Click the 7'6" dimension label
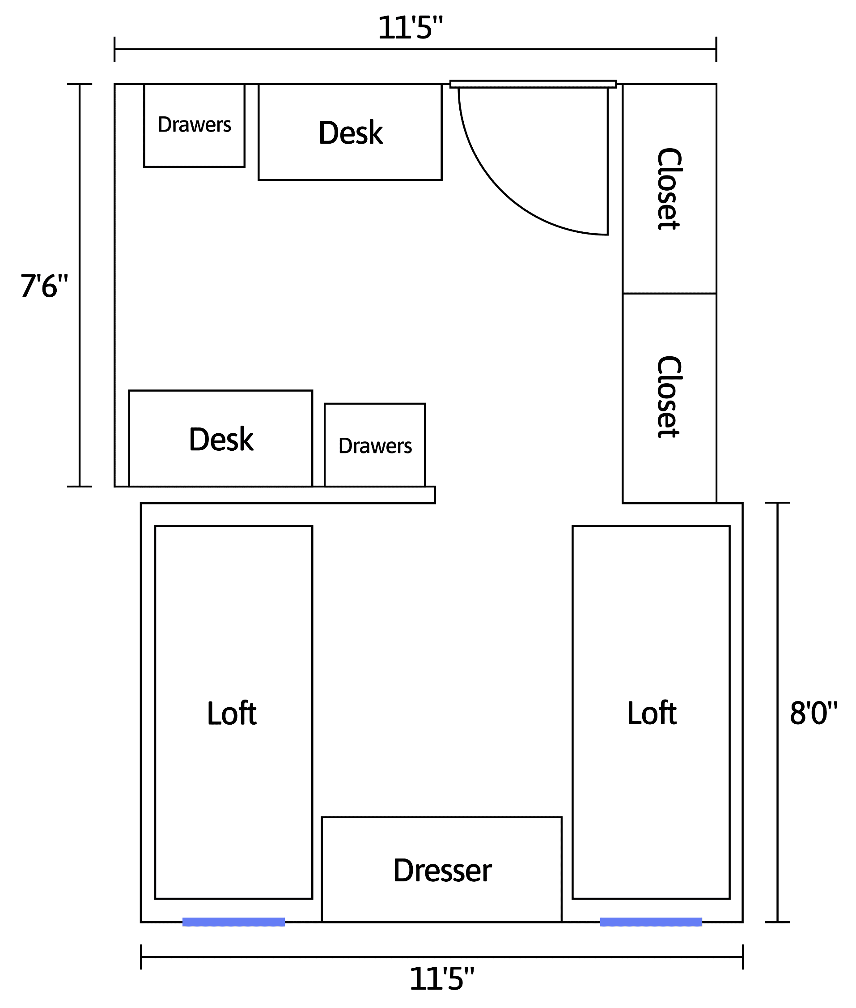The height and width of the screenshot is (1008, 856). (x=44, y=286)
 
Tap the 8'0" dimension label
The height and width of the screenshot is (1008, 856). (x=814, y=713)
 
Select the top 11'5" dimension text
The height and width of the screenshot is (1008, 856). (x=411, y=28)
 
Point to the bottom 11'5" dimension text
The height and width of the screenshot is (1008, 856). (x=442, y=978)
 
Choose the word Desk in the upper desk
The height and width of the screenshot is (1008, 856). (x=351, y=132)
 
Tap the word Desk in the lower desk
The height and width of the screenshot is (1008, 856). (x=221, y=440)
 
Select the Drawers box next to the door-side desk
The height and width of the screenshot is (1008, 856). (x=194, y=125)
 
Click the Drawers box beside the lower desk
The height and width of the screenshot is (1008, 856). (x=375, y=445)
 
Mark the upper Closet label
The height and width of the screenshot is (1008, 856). (x=669, y=189)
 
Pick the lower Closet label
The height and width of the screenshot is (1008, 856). (x=669, y=397)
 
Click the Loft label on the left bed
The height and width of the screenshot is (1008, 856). (x=232, y=713)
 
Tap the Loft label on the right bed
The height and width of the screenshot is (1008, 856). (x=652, y=713)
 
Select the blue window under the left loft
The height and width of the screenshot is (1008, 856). (x=233, y=922)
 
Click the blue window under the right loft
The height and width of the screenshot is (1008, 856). (x=651, y=922)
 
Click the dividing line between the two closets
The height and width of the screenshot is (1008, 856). (x=670, y=293)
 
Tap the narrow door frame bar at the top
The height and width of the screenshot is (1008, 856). (x=533, y=84)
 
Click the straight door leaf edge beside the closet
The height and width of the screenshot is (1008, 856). (x=607, y=161)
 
